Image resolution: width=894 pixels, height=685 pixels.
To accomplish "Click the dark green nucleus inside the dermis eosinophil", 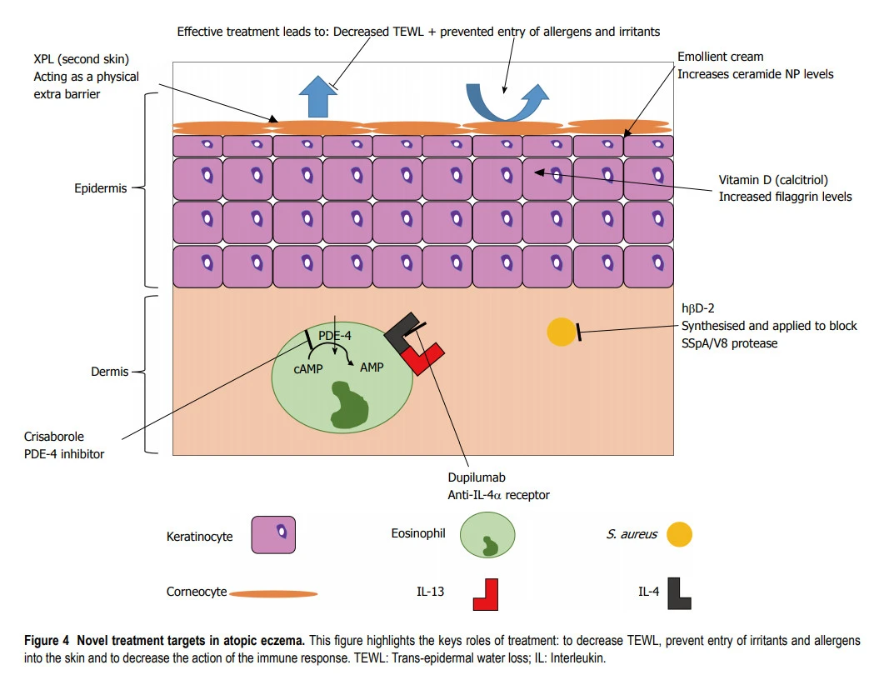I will pos(347,406).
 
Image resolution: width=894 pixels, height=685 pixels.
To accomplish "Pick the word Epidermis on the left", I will pos(100,188).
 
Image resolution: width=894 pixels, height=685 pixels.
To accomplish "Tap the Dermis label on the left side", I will pos(109,372).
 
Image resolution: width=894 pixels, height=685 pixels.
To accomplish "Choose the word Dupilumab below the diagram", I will pos(477,479).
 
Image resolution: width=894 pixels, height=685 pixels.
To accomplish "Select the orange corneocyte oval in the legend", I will pos(273,594).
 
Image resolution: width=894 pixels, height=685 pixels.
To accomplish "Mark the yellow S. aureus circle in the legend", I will pos(679,535).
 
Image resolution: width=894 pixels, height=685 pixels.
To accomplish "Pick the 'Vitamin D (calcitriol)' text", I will pos(772,180).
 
